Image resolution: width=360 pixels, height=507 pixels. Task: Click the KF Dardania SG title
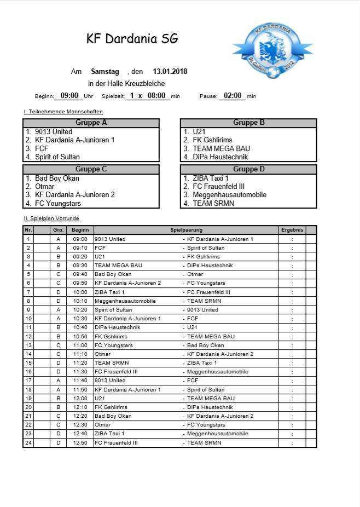132,39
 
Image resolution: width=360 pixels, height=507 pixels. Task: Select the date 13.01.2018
170,72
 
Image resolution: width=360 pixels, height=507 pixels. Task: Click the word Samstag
105,72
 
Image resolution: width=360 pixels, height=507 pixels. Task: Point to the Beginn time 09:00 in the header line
70,96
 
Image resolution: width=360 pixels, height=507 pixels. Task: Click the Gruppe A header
91,123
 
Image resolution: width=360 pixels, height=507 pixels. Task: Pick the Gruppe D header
248,169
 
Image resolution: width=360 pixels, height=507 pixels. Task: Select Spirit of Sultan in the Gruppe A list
57,157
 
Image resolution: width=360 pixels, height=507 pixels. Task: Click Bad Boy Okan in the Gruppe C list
57,178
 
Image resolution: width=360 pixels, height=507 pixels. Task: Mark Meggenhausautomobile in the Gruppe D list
229,195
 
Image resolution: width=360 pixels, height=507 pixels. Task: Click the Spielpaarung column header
185,231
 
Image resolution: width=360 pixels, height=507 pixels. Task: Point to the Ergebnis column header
292,231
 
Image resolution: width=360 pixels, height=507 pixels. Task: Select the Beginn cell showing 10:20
80,310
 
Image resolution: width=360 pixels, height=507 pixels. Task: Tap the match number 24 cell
28,442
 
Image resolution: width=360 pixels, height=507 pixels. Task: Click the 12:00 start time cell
80,399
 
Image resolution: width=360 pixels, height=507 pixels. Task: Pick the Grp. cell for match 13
58,345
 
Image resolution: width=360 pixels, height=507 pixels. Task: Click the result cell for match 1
292,239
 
